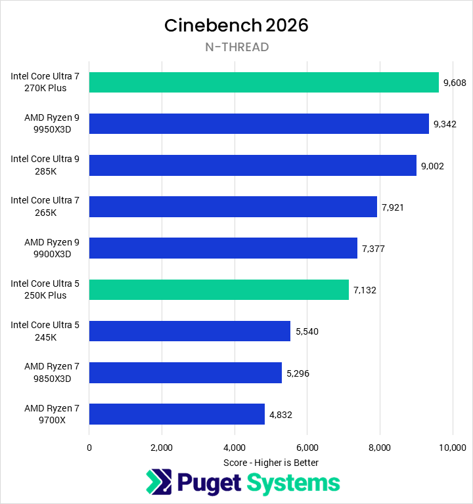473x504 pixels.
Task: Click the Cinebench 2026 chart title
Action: [x=236, y=25]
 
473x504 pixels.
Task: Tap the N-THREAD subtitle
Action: [x=236, y=47]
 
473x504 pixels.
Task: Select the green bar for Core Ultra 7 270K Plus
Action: [x=263, y=83]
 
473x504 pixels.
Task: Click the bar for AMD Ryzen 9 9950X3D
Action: [x=259, y=123]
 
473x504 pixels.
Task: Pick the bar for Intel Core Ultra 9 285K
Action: [x=252, y=165]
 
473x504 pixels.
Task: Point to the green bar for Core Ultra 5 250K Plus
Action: [x=219, y=289]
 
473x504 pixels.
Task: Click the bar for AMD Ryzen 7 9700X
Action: [x=177, y=413]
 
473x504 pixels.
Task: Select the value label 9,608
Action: [x=455, y=83]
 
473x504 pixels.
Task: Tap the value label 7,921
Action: [x=392, y=207]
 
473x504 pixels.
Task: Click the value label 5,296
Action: [x=298, y=373]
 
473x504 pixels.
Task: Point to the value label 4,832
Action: [x=281, y=414]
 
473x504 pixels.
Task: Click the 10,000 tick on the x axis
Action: [x=452, y=448]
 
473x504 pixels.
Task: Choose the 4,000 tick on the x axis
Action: [x=235, y=448]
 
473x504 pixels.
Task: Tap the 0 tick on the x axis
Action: [x=89, y=448]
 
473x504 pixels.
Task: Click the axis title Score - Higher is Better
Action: [x=271, y=463]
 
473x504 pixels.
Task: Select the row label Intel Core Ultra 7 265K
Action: [x=45, y=207]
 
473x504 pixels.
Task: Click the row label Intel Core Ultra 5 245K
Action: [x=45, y=331]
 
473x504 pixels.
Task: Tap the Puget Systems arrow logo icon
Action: [x=159, y=482]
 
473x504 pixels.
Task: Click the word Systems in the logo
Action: [x=293, y=483]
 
